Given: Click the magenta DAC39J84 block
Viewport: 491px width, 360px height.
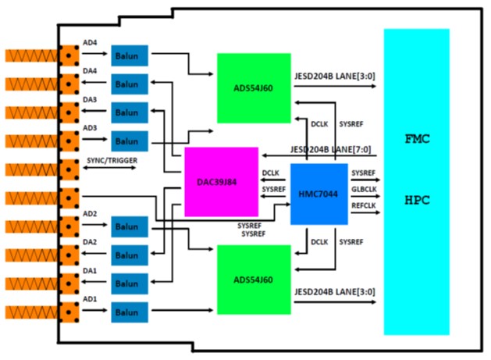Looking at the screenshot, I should pos(221,181).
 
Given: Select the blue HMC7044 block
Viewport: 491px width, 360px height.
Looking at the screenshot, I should pos(318,194).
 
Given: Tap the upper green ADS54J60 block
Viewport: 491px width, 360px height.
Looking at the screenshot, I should pos(253,87).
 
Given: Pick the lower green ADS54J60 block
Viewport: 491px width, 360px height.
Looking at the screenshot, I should pos(253,279).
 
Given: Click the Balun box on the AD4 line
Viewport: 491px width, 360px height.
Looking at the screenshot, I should pos(128,55).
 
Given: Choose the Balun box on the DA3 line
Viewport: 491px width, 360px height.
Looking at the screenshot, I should pos(128,112).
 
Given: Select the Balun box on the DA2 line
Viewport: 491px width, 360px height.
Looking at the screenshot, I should pos(128,255).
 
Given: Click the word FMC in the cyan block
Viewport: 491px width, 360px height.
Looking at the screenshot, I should pos(416,139).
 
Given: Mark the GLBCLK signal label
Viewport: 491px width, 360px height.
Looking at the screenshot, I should pos(365,189).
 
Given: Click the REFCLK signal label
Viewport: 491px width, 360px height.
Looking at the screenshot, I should pos(365,205).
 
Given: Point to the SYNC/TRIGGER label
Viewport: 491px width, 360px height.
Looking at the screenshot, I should pos(112,161).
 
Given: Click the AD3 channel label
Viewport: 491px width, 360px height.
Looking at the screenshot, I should pos(91,128).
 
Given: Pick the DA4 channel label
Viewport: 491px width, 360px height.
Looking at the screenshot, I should pos(91,71).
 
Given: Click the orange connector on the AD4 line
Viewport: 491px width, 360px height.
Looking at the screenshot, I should pos(70,55).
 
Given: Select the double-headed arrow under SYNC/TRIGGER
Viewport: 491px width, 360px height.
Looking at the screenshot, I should pos(111,169).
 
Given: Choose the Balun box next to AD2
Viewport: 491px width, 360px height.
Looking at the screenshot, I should pos(128,226).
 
